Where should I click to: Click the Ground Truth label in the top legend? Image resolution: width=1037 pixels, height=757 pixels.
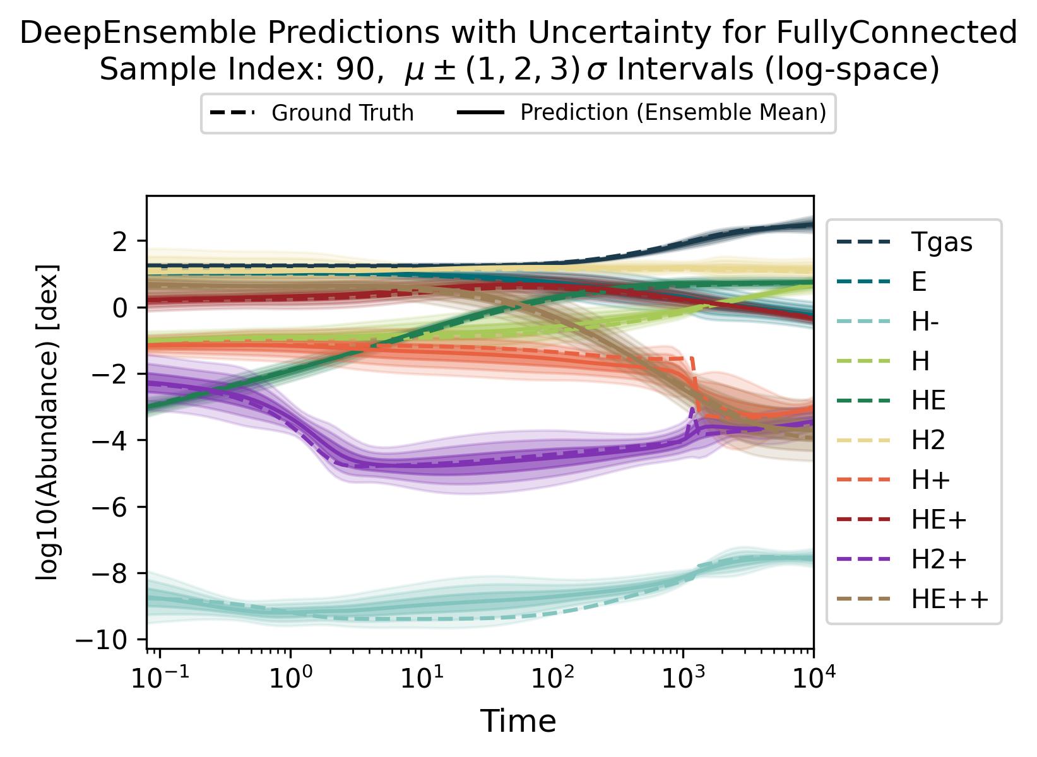342,114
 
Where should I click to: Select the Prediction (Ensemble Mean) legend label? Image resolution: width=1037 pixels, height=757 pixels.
673,113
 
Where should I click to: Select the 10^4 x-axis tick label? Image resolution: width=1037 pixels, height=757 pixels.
812,681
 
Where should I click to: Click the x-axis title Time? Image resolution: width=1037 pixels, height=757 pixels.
518,721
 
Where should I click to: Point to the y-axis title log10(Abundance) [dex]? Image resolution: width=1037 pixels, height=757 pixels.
48,423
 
